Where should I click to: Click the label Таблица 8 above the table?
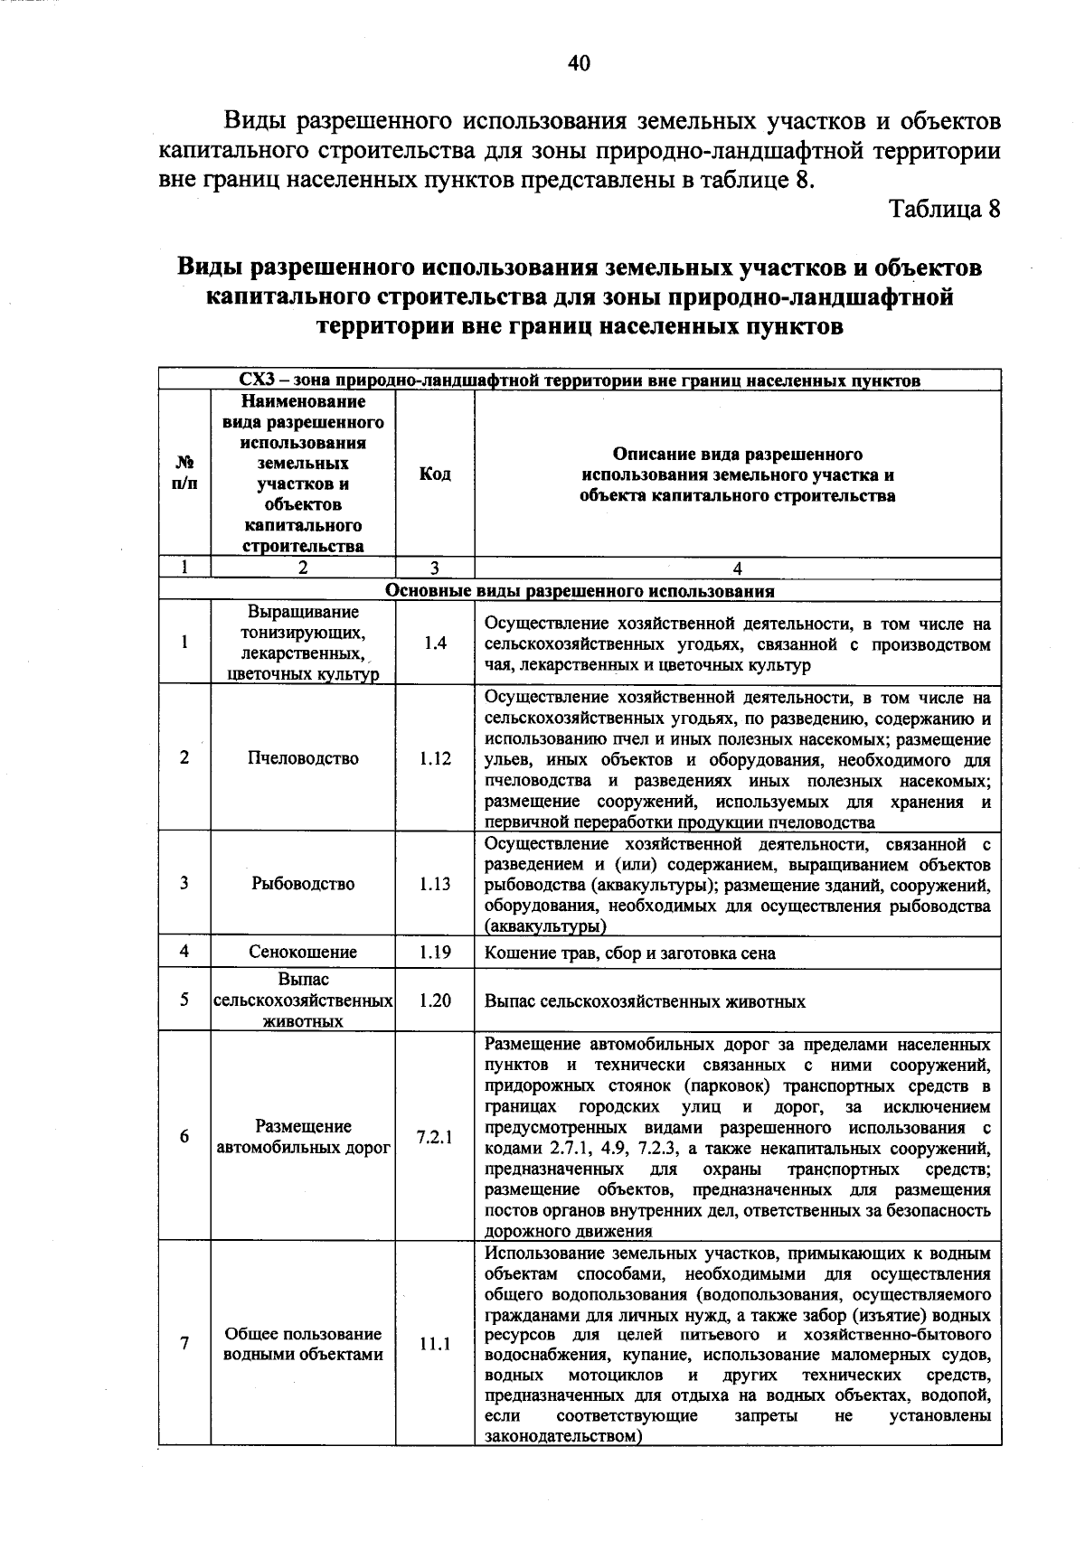tap(945, 209)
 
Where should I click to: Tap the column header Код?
tap(435, 474)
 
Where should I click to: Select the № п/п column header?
tap(184, 474)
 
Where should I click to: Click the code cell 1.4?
tap(435, 643)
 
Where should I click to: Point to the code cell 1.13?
tap(435, 884)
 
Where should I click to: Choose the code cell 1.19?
tap(435, 952)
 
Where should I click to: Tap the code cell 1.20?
tap(435, 1000)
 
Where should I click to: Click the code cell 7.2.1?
tap(435, 1137)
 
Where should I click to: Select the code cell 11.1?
tap(435, 1344)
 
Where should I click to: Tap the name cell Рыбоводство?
tap(303, 884)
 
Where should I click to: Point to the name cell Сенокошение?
tap(303, 952)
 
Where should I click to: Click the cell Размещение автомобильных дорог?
tap(303, 1137)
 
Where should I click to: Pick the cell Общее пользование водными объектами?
tap(303, 1344)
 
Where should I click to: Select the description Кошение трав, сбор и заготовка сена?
tap(630, 953)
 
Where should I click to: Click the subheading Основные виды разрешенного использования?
tap(580, 591)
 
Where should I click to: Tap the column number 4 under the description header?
tap(738, 568)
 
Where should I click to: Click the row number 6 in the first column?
tap(184, 1137)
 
